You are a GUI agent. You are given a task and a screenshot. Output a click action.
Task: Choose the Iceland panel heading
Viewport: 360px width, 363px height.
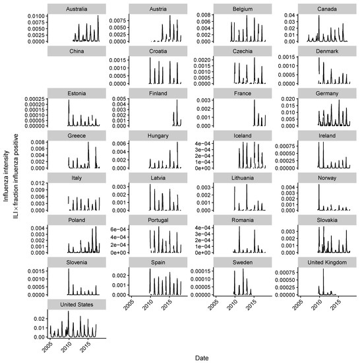click(x=241, y=135)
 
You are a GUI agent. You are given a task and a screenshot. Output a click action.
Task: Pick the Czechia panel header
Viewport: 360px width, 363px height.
click(x=241, y=51)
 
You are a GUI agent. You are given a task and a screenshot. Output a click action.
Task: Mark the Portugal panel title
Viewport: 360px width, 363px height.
click(x=157, y=220)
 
